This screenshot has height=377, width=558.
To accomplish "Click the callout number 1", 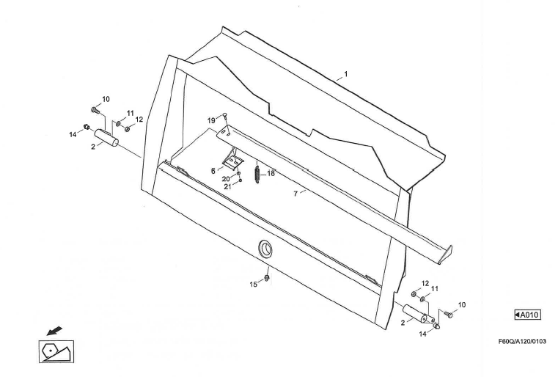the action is [345, 74].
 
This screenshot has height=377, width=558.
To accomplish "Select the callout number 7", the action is [295, 194].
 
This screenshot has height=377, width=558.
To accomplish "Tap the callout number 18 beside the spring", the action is [271, 173].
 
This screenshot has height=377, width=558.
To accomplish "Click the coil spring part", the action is [257, 172].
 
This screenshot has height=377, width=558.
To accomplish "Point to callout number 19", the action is [211, 121].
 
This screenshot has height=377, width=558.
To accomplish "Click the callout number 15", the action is [254, 284].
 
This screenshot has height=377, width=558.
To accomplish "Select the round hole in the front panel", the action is [265, 248].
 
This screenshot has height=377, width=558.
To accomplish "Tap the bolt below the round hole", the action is [267, 277].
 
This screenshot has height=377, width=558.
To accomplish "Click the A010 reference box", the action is [527, 315].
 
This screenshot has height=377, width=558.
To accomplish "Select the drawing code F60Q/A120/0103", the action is [522, 341].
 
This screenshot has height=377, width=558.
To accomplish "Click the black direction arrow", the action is [54, 331].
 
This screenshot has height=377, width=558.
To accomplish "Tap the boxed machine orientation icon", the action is [56, 351].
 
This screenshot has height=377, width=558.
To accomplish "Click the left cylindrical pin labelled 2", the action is [106, 137].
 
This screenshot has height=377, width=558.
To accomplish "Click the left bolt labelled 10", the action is [95, 110].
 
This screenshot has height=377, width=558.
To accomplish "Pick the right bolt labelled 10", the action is [449, 315].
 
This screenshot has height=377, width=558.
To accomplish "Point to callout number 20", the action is [226, 179].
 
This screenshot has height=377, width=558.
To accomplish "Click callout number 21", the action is [228, 186].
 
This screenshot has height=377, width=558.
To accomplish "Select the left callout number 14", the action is [73, 134].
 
